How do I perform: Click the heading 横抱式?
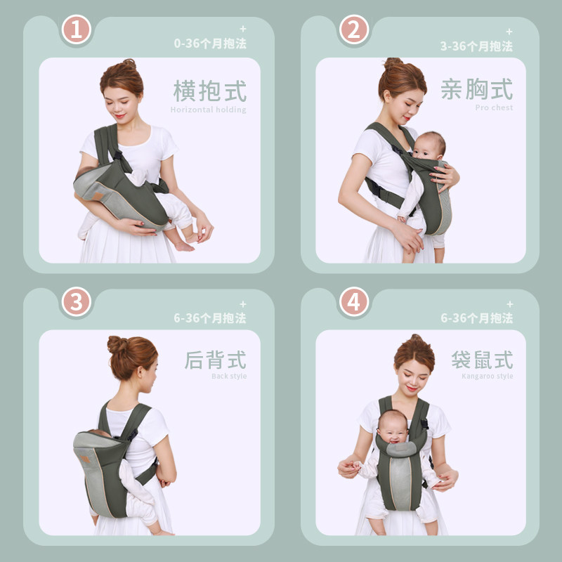(x=210, y=91)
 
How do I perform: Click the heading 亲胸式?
(x=477, y=89)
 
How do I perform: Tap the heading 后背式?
(x=216, y=360)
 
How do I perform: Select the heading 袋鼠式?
(x=482, y=360)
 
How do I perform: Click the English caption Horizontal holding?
(x=209, y=110)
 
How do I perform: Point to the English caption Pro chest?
(x=494, y=107)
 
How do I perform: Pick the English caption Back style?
(x=229, y=376)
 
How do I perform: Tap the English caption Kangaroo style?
(x=487, y=376)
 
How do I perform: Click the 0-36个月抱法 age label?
(x=210, y=43)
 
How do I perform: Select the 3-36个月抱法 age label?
(x=476, y=46)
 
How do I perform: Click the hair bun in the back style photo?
(x=117, y=344)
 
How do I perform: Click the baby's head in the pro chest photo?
(x=429, y=145)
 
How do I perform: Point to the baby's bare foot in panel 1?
(x=185, y=246)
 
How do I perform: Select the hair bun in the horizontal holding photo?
(x=128, y=65)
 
